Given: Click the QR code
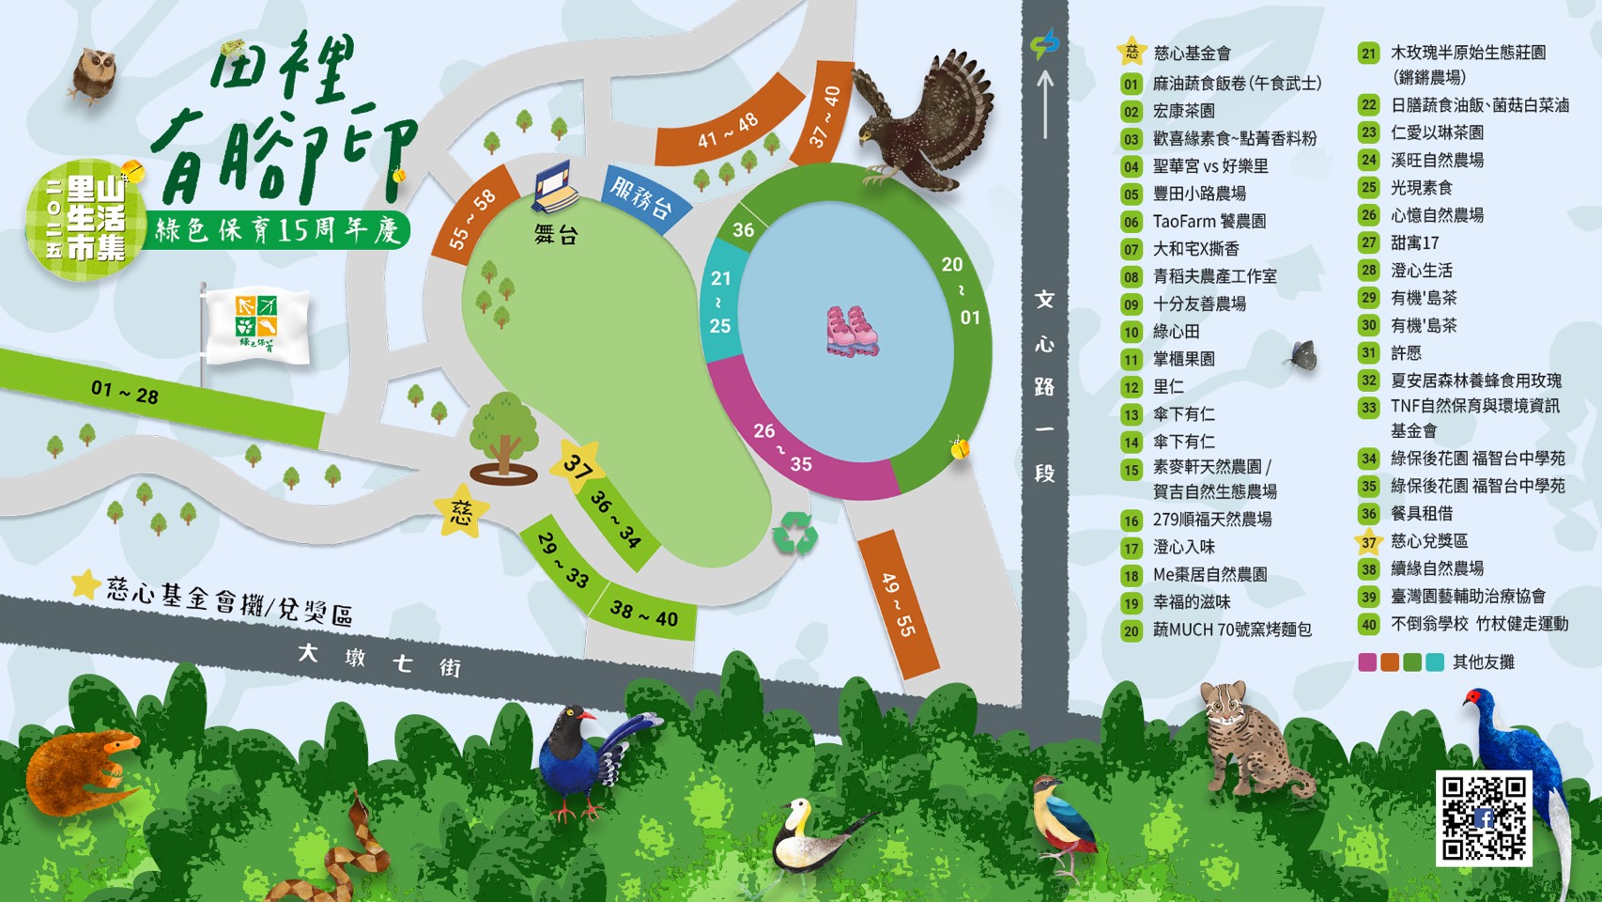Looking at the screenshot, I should point(1484,817).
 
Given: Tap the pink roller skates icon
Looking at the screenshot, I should point(851,331).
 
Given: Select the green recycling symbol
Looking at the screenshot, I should point(794,533).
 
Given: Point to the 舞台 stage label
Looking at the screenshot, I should point(556,235).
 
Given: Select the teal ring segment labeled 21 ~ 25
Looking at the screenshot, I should point(720,302).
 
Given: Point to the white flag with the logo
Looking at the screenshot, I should point(255,324).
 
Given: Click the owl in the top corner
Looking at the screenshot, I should point(94,73).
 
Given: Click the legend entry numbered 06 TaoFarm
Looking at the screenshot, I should point(1209,222).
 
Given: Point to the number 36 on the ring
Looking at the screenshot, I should point(744,229).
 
